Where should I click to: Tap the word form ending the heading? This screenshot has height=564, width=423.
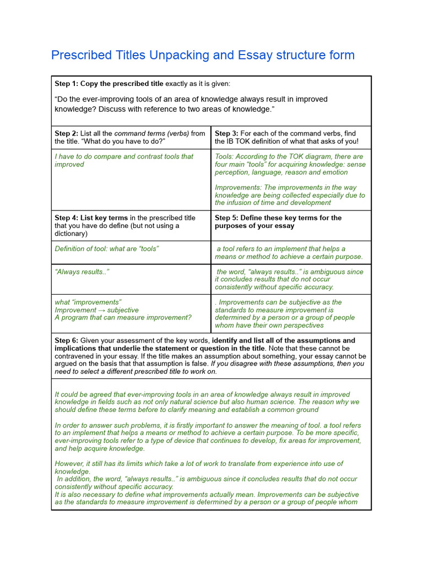341,56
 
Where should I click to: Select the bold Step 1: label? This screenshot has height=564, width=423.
67,84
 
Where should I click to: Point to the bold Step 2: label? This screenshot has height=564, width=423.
67,133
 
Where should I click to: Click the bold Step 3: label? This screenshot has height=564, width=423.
227,133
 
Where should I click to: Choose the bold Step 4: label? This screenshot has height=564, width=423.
67,218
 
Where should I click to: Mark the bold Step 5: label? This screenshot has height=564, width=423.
227,218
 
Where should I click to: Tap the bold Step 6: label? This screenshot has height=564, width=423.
67,340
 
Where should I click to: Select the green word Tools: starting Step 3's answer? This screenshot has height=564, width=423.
225,157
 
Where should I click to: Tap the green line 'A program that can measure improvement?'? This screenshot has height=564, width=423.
123,318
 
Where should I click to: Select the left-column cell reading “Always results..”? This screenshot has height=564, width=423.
82,272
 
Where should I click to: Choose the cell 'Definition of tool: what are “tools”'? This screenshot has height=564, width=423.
106,249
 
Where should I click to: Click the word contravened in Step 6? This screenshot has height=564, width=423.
76,356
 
